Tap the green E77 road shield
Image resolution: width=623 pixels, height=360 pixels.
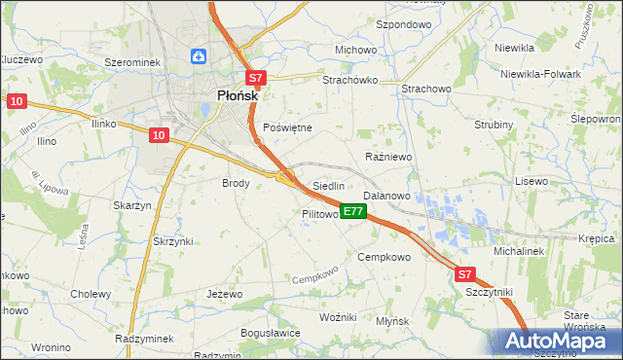click(x=353, y=211)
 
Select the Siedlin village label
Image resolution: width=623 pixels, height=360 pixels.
click(x=329, y=186)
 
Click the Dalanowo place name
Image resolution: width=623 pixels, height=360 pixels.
click(x=386, y=196)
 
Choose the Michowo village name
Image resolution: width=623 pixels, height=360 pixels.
click(x=355, y=50)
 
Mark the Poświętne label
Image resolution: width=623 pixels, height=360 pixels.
click(x=288, y=127)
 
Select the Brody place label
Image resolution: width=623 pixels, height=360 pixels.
click(x=237, y=182)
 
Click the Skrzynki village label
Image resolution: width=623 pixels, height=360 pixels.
click(x=173, y=240)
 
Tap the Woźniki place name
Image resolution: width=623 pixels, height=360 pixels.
click(x=340, y=318)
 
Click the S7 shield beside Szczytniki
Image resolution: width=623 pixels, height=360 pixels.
click(x=465, y=275)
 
